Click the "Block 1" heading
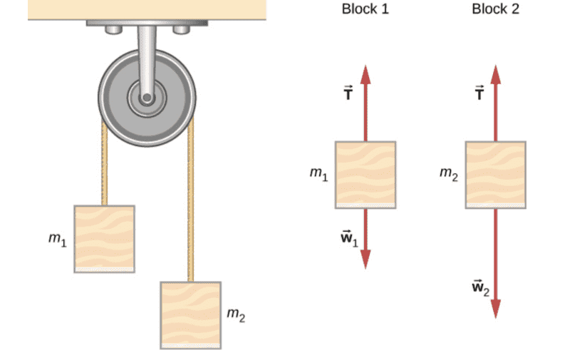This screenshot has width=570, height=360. pos(365,9)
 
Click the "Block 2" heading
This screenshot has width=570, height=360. pos(495,9)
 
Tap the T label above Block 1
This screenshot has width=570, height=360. pos(348,93)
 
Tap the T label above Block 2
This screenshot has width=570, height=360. pos(480,93)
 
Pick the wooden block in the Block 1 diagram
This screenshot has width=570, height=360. pos(366,175)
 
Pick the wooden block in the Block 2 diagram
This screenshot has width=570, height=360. pos(496,175)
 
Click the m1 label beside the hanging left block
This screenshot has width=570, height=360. pos(57,240)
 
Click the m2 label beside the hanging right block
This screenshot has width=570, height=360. pos(236,314)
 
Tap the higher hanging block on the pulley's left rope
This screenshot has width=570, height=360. pos(104,239)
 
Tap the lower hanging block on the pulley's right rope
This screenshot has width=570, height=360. pos(190,315)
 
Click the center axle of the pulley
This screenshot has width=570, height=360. pos(147,97)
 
